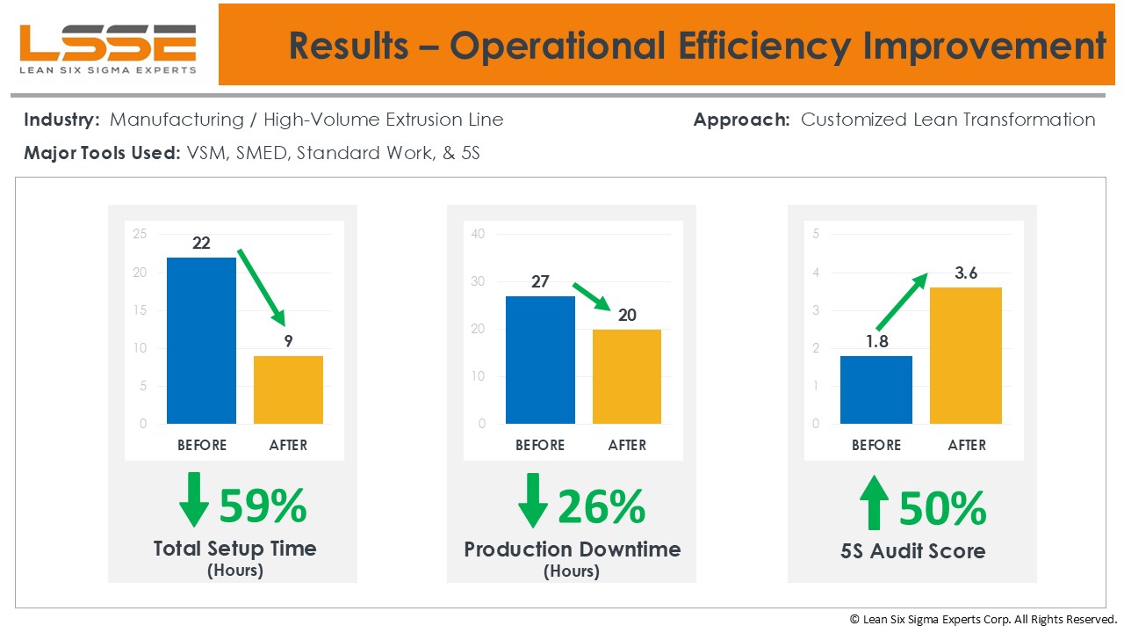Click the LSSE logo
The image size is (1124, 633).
(108, 48)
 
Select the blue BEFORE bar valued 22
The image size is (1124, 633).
(201, 340)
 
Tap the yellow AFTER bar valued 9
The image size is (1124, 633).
(288, 389)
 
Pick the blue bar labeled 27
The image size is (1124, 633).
(540, 360)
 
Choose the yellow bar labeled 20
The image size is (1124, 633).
(626, 376)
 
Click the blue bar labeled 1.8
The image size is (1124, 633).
(875, 389)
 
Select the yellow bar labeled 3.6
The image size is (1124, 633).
(965, 355)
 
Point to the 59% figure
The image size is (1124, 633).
(263, 506)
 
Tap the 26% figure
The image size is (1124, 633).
(602, 506)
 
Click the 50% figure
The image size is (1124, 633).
(942, 508)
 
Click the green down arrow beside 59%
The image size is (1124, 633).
(193, 500)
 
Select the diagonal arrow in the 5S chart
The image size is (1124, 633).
(901, 301)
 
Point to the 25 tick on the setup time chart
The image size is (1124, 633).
(140, 234)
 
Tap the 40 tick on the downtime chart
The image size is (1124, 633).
(478, 234)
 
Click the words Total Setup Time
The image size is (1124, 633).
(234, 549)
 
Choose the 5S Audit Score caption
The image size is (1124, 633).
(912, 551)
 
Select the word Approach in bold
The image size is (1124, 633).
(741, 120)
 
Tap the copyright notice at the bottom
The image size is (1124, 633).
(983, 619)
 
